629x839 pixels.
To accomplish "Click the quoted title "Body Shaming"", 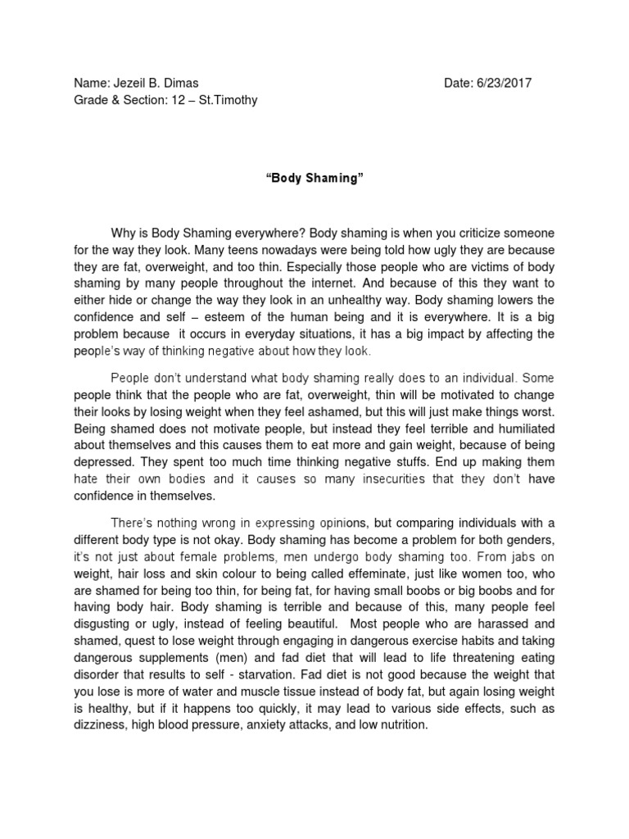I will click(x=314, y=179).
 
